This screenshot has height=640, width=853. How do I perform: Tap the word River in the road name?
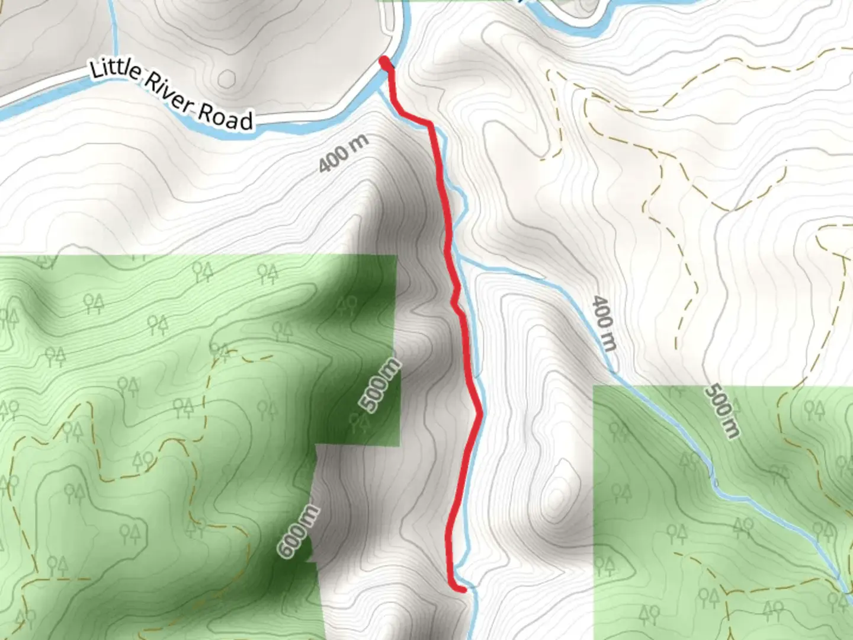tap(168, 94)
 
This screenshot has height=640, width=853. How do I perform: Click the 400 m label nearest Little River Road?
tap(344, 153)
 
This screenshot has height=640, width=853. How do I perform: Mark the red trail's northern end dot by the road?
tap(385, 62)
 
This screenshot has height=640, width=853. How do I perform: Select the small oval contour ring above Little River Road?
tap(227, 78)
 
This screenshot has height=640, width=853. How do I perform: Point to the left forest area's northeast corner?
tap(396, 256)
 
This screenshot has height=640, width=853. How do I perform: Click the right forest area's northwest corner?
tap(594, 386)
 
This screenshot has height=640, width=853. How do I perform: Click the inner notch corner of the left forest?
tap(317, 445)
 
